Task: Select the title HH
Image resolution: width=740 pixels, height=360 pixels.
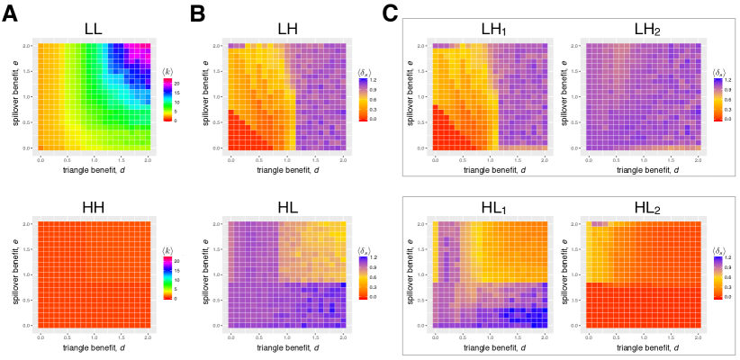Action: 93,207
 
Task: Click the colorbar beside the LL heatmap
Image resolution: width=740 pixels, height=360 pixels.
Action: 167,99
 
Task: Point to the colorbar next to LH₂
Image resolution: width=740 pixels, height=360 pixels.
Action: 717,99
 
